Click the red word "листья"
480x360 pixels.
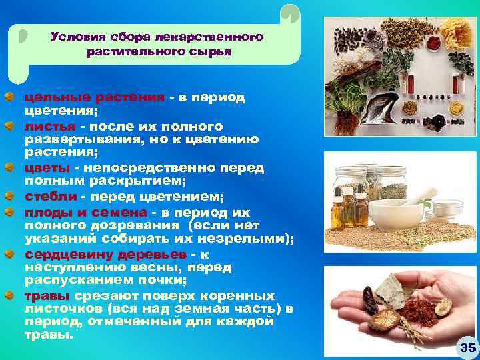point(49,126)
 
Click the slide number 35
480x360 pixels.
point(467,347)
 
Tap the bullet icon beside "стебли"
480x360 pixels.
point(7,196)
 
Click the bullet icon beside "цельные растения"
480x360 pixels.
point(7,97)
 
